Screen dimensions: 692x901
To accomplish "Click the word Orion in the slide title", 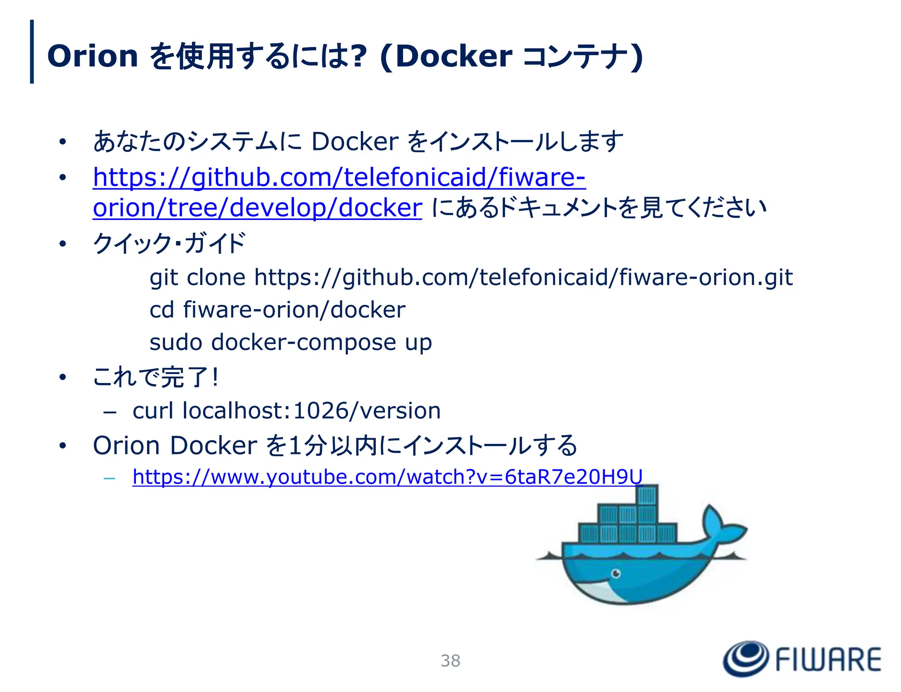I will (92, 56).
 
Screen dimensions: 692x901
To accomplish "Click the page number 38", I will (450, 661).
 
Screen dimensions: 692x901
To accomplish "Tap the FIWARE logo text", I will (828, 659).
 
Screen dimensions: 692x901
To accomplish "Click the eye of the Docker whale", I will (616, 574).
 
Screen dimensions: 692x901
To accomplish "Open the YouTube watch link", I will (387, 477).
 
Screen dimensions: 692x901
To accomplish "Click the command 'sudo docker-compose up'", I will (290, 343).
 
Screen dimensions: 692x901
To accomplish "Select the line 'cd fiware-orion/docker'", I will (277, 310).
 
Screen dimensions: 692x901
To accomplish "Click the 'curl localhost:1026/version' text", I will (286, 411).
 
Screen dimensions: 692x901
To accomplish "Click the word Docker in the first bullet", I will (355, 142).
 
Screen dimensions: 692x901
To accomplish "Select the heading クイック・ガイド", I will (169, 243).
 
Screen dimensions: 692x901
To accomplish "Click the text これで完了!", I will (156, 377).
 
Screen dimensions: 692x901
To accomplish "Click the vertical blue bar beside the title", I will (32, 51).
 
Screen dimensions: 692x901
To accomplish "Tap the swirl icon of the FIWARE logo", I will (746, 659).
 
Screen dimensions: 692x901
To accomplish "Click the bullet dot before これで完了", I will (63, 377).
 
